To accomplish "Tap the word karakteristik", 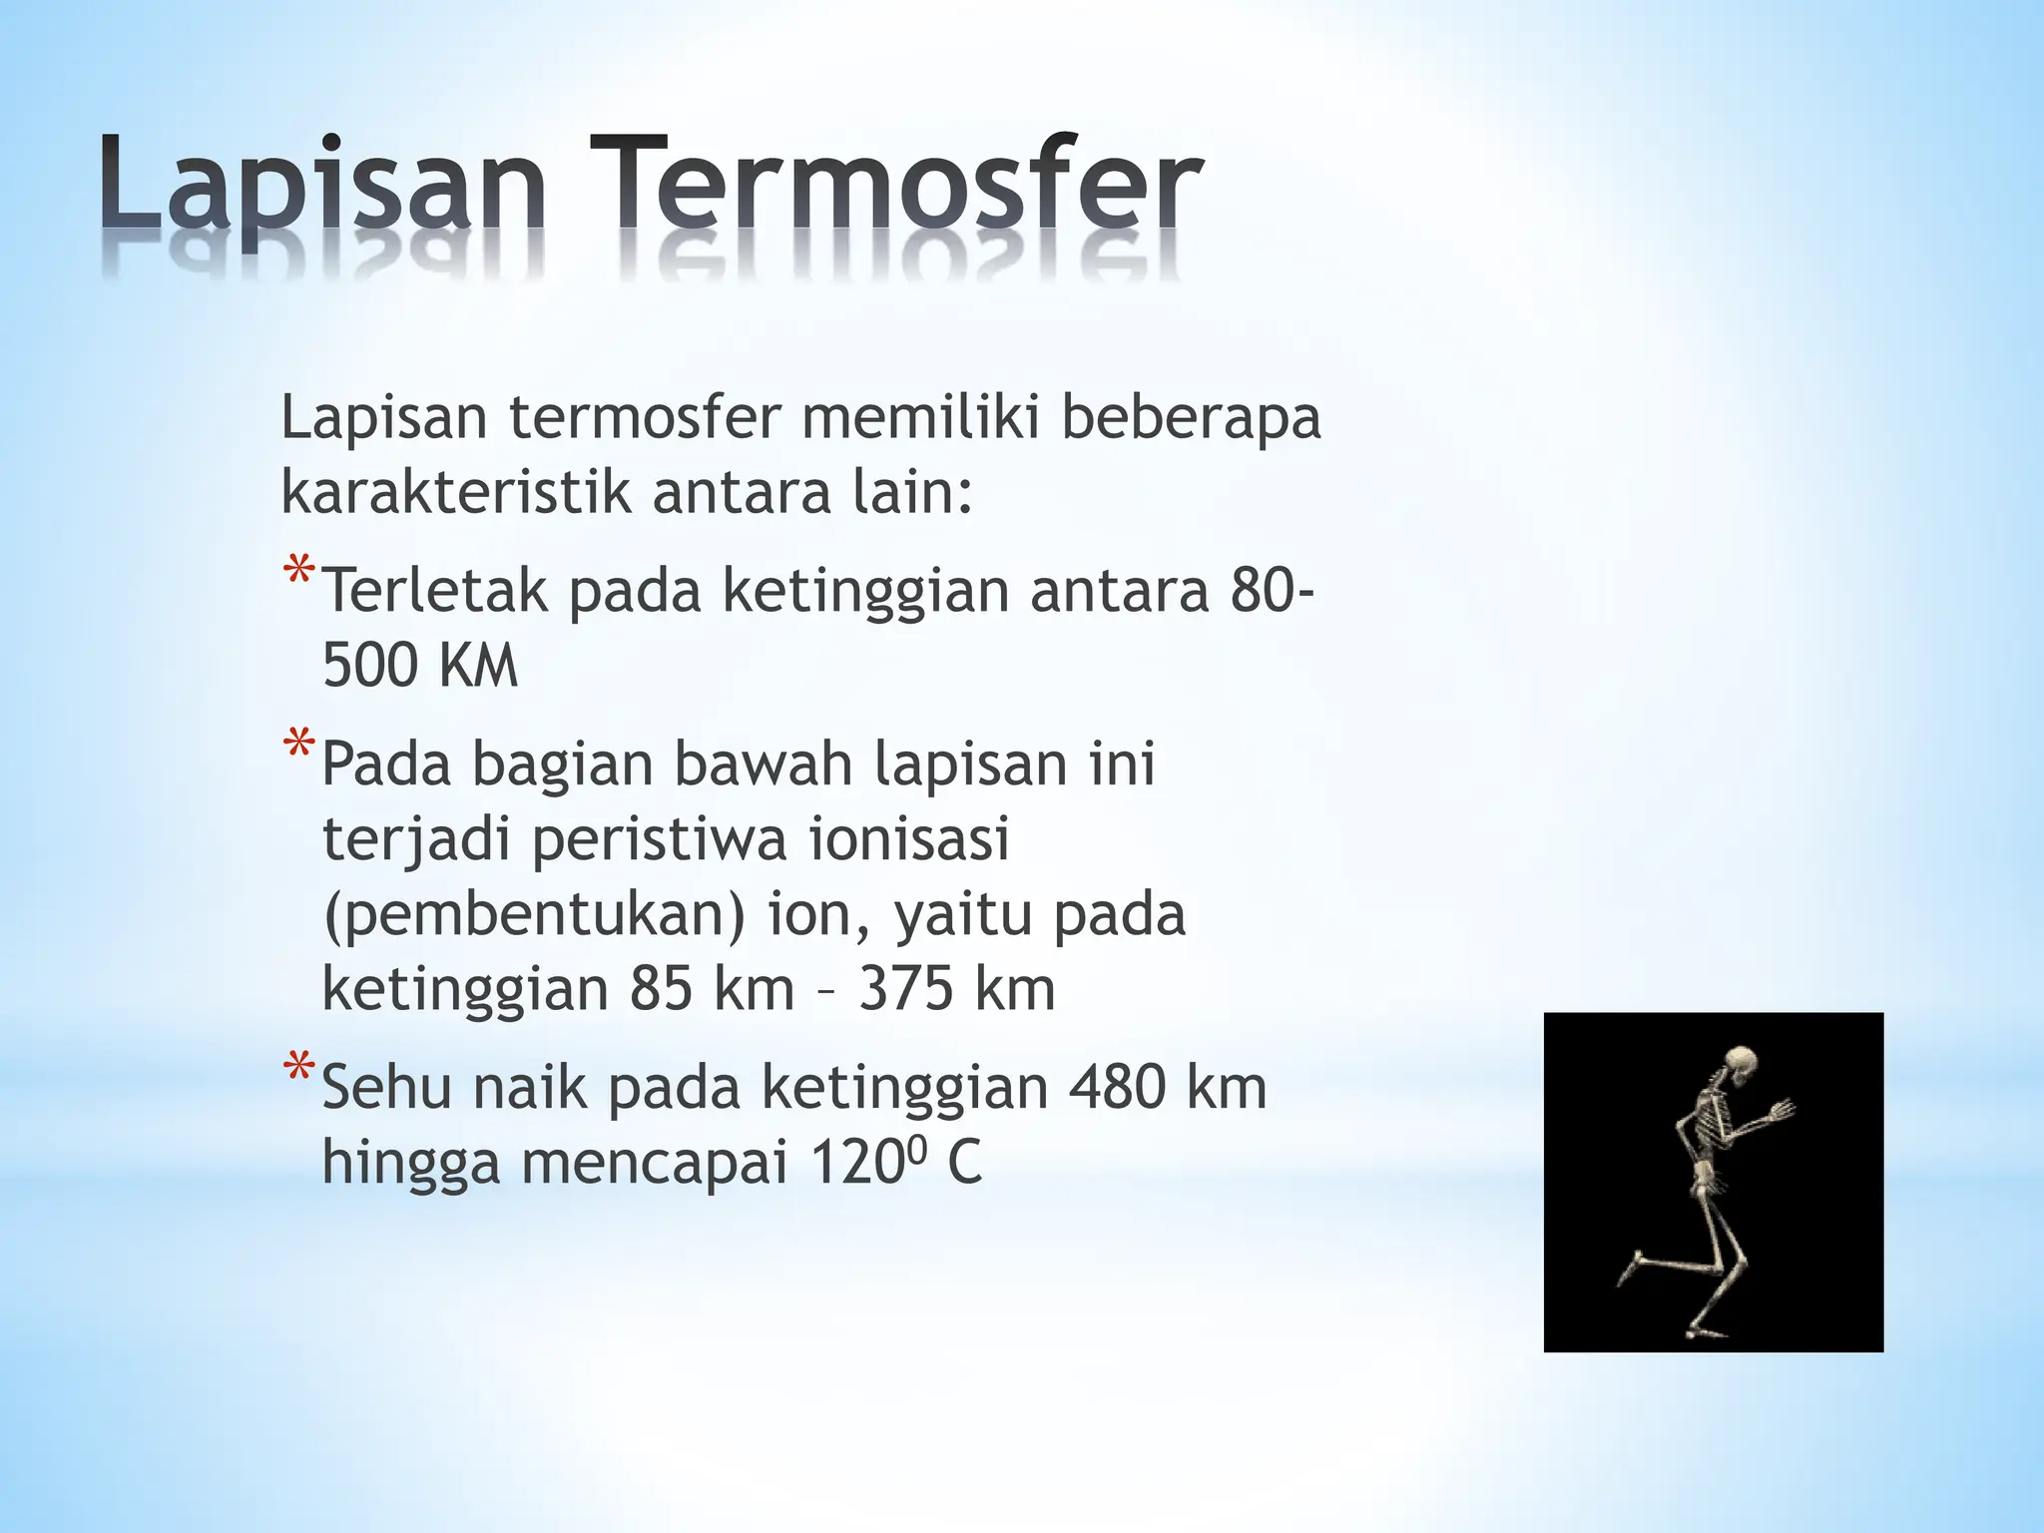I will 455,492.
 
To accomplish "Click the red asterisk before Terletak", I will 298,573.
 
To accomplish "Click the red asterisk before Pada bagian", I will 298,746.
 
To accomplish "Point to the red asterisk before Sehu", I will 298,1068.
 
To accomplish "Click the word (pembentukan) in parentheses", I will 534,915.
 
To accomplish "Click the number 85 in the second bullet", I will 661,989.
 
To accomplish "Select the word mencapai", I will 655,1164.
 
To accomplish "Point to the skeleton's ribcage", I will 1709,1118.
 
